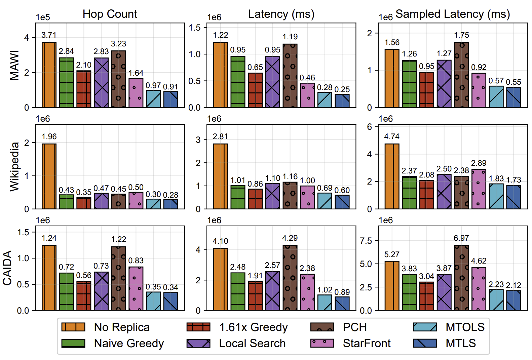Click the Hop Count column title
[x=110, y=14]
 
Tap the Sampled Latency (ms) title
[x=453, y=14]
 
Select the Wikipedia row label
[x=14, y=167]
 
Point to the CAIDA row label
[x=7, y=268]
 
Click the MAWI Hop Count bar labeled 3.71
[x=49, y=75]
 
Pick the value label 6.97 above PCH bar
[x=461, y=238]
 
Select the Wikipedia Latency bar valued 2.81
[x=221, y=176]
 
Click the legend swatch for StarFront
[x=322, y=343]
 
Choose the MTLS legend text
[x=461, y=343]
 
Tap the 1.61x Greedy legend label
[x=253, y=327]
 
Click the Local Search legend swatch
[x=198, y=343]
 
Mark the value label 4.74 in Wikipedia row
[x=392, y=136]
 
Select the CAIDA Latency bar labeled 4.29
[x=290, y=278]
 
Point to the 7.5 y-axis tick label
[x=366, y=241]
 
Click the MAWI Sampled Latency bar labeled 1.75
[x=461, y=75]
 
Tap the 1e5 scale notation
[x=43, y=17]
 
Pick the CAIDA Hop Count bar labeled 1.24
[x=49, y=278]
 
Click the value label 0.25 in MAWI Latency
[x=342, y=89]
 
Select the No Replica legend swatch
[x=73, y=327]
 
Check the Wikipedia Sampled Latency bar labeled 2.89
[x=479, y=189]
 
